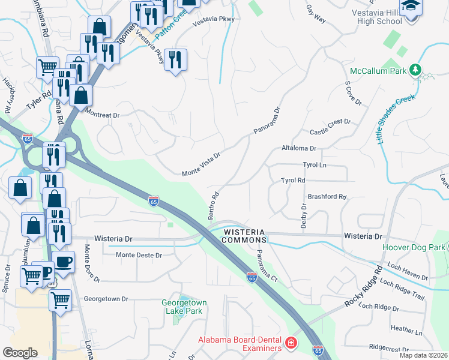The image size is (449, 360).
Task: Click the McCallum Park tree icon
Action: [415, 70]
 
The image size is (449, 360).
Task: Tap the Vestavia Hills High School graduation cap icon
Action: [412, 7]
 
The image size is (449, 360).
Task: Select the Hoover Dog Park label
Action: [414, 247]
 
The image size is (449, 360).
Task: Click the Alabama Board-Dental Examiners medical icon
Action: [291, 343]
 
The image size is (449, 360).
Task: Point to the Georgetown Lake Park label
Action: [182, 307]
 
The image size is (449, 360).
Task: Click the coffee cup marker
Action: [64, 262]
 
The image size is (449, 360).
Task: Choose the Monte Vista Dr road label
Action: [202, 164]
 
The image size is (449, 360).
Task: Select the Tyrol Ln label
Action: [313, 164]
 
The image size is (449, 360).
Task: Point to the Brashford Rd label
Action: [327, 196]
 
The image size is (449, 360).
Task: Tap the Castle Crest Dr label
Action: [330, 127]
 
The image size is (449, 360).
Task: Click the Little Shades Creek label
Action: [396, 118]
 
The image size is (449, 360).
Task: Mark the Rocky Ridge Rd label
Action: [364, 287]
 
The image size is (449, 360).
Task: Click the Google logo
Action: [20, 353]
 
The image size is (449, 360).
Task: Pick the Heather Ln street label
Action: [406, 330]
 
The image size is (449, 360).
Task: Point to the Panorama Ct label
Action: [266, 267]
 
